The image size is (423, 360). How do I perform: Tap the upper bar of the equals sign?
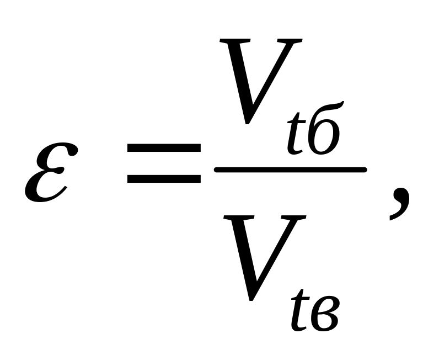pyautogui.click(x=164, y=149)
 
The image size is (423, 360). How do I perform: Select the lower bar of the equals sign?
pyautogui.click(x=164, y=178)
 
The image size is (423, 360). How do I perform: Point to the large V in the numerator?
pyautogui.click(x=260, y=77)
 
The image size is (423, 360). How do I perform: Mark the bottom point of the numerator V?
pyautogui.click(x=251, y=123)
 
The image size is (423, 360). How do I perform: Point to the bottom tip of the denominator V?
pyautogui.click(x=251, y=300)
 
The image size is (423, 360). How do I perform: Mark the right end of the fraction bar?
pyautogui.click(x=365, y=170)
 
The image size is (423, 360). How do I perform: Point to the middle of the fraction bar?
pyautogui.click(x=291, y=170)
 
